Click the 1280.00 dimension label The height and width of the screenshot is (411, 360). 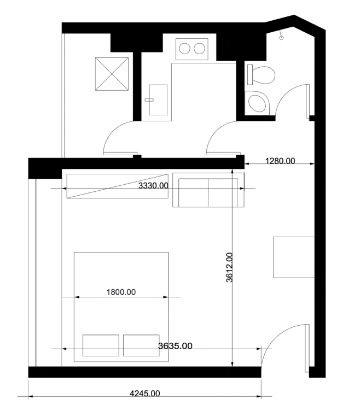(280, 161)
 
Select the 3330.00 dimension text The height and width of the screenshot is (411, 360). (153, 186)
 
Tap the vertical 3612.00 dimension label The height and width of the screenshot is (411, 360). (229, 267)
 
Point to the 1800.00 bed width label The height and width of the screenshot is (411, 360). (121, 292)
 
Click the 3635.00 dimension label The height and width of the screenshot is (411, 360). (175, 346)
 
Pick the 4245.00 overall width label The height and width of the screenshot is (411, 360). (145, 394)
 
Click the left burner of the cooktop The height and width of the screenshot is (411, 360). (185, 49)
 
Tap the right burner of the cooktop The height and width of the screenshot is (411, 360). (199, 49)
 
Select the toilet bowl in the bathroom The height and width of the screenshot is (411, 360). (264, 75)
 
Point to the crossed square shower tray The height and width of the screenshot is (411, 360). (112, 74)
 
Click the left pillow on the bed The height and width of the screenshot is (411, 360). (101, 345)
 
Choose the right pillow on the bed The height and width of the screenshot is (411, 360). (141, 345)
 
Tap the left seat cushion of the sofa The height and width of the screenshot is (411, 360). (193, 192)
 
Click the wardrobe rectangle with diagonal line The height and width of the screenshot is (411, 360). (117, 186)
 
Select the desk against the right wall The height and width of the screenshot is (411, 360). (294, 257)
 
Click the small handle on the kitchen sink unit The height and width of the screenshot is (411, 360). (149, 100)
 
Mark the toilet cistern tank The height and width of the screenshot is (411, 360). (250, 75)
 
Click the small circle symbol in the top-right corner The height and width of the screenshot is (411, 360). (282, 38)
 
